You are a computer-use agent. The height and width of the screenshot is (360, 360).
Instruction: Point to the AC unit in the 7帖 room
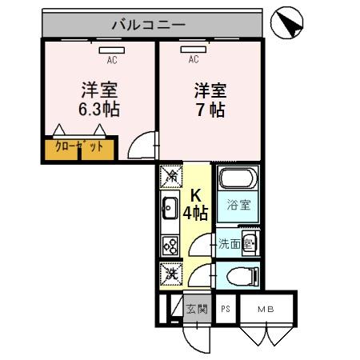[x=194, y=49]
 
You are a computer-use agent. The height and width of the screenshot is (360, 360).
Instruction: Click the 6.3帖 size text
[x=99, y=110]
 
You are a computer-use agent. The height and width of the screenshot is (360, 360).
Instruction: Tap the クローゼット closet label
[x=78, y=147]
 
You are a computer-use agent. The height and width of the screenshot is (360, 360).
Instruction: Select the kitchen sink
[x=170, y=210]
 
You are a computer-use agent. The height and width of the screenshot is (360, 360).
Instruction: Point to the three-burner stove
[x=170, y=245]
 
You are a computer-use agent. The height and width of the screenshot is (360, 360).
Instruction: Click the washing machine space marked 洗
[x=170, y=274]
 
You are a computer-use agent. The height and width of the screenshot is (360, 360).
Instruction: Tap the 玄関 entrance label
[x=196, y=309]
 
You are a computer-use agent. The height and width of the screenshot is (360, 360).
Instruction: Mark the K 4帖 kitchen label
[x=196, y=205]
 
